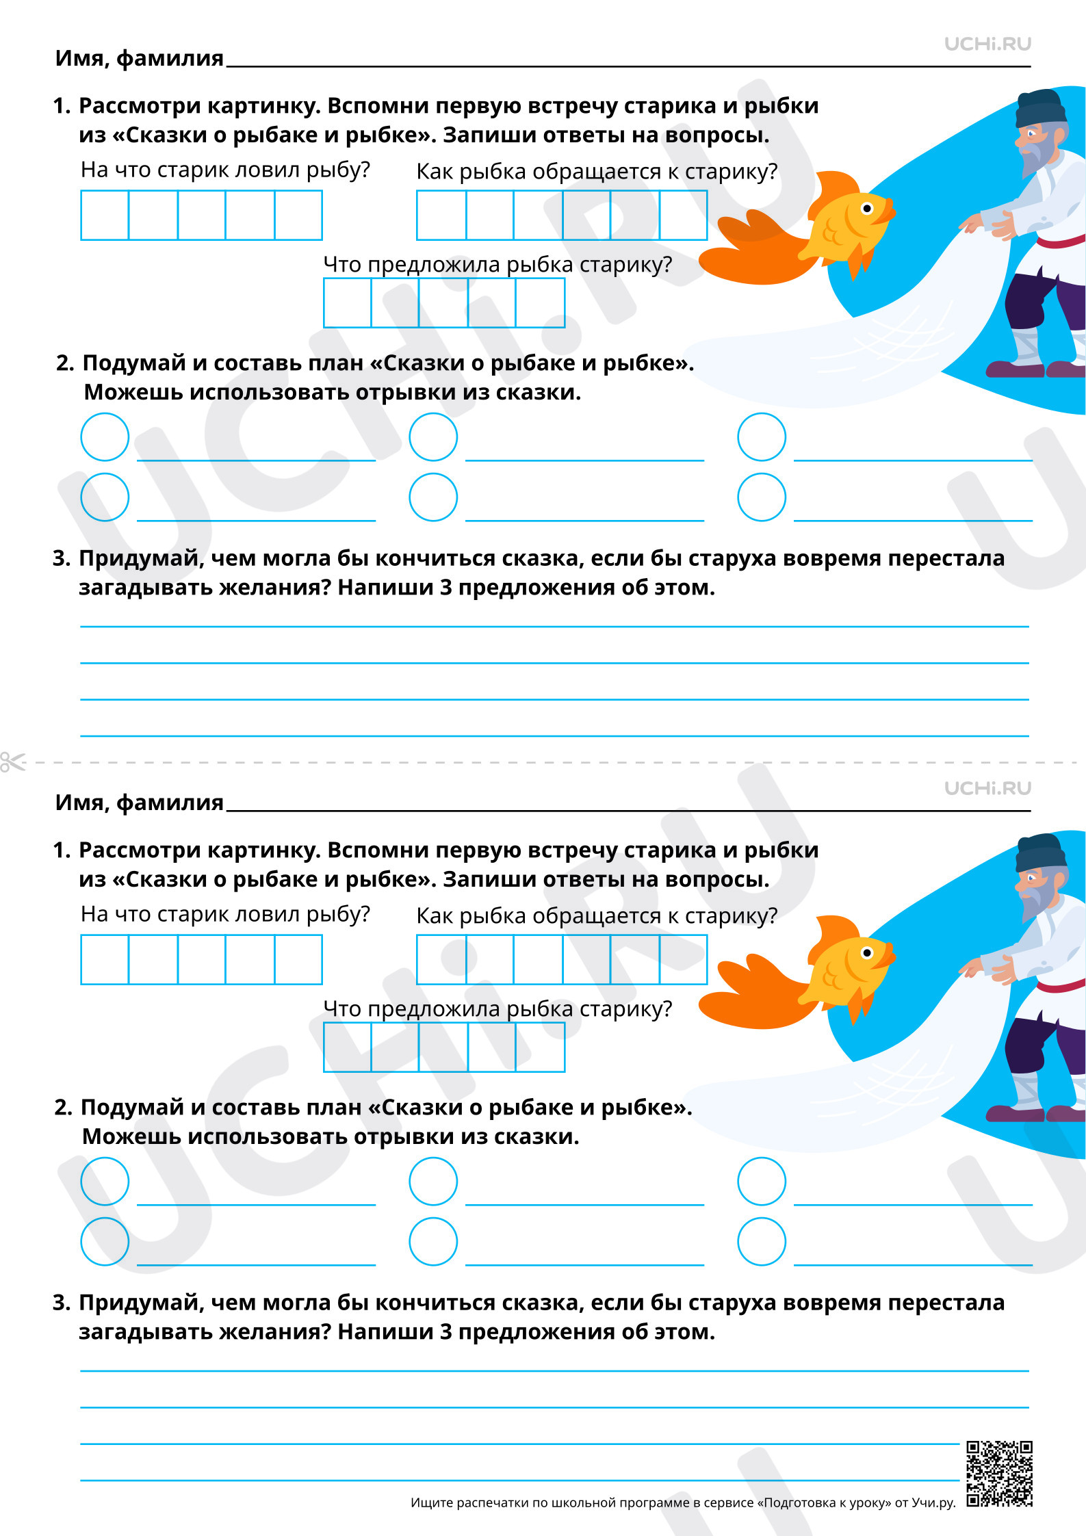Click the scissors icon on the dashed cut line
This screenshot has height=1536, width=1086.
(12, 762)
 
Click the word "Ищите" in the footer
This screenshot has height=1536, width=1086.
(432, 1502)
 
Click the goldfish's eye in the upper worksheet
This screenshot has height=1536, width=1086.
(867, 208)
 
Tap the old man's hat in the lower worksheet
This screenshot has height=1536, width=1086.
(1041, 852)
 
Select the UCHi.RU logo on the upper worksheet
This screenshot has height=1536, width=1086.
(987, 44)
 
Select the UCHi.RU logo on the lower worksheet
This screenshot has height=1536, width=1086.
(987, 788)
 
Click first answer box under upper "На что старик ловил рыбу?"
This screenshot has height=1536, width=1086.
(105, 215)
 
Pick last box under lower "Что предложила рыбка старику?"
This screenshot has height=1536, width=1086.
(540, 1047)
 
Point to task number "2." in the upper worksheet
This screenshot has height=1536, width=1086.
(65, 363)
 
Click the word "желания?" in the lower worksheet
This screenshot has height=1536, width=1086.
(273, 1332)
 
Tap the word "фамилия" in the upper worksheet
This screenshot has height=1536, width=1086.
(170, 59)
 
